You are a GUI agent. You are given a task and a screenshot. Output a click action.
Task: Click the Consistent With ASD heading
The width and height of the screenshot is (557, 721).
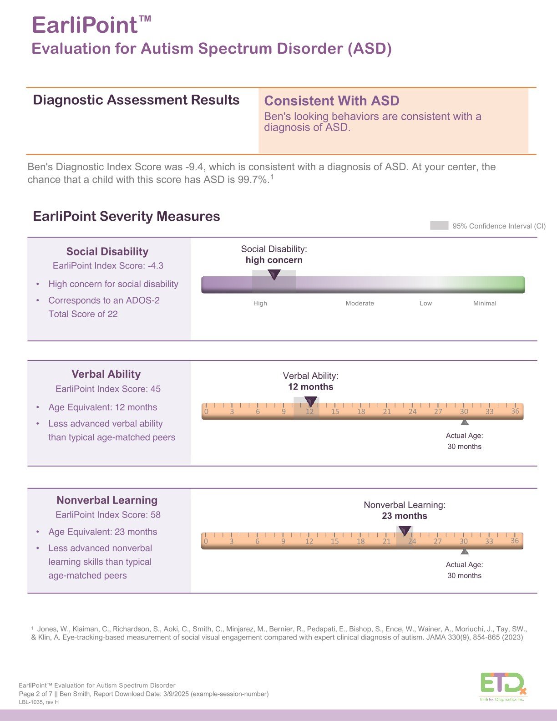point(332,101)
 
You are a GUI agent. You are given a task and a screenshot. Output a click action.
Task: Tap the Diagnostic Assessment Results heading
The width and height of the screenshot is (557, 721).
point(136,100)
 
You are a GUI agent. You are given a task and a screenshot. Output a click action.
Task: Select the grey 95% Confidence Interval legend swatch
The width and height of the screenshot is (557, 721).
point(439,226)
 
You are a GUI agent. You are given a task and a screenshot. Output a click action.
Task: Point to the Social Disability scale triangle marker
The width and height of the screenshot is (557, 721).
point(274,274)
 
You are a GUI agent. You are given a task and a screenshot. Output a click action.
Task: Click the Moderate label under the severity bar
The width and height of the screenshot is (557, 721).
point(360,303)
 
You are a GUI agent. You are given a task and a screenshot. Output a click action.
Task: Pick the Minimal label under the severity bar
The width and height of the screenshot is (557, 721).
point(485,303)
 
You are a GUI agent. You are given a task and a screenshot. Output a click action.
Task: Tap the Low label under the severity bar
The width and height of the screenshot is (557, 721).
point(425,303)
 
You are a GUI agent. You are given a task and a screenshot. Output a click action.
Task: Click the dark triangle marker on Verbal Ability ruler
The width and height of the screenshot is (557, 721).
point(311,401)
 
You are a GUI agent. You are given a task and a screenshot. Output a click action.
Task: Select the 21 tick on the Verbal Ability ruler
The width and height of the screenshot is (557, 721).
point(387,411)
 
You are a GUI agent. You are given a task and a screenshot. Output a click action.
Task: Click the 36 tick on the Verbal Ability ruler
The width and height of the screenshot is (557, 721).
point(515,411)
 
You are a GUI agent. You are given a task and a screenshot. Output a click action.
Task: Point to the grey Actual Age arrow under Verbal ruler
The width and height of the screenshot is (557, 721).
point(464,422)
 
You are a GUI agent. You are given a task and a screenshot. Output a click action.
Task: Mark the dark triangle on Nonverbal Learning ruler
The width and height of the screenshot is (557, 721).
point(405,530)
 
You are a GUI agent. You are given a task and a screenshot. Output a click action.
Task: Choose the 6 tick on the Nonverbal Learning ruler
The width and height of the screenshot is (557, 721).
point(257,541)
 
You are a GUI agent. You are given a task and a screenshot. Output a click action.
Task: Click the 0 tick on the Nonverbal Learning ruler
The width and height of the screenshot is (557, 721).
point(206,541)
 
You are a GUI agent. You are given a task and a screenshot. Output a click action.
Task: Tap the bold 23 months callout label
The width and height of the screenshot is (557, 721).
point(405,516)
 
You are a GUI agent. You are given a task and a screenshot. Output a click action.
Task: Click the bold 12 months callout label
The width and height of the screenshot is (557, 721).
point(310,387)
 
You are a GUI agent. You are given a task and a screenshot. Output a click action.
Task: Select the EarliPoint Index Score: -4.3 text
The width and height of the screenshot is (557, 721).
point(108,266)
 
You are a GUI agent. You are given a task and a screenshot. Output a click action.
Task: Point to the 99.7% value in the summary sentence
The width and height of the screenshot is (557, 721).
point(252,179)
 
